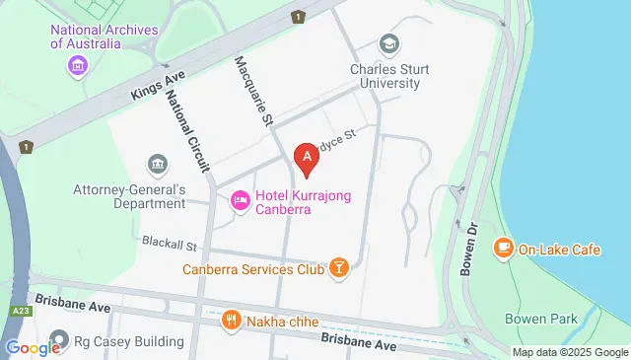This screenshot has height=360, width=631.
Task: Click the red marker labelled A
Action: (x=307, y=158)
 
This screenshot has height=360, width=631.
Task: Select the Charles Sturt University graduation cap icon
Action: (x=389, y=44)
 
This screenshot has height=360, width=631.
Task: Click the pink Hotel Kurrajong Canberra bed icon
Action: (x=240, y=202)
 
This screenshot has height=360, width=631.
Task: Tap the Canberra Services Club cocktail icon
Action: (x=338, y=268)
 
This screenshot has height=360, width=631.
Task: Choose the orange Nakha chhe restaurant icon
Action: (x=232, y=319)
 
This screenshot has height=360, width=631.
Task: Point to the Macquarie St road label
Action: (x=251, y=92)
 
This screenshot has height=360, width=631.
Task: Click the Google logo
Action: (x=33, y=347)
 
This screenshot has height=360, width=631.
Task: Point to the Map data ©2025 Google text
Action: (x=570, y=352)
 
